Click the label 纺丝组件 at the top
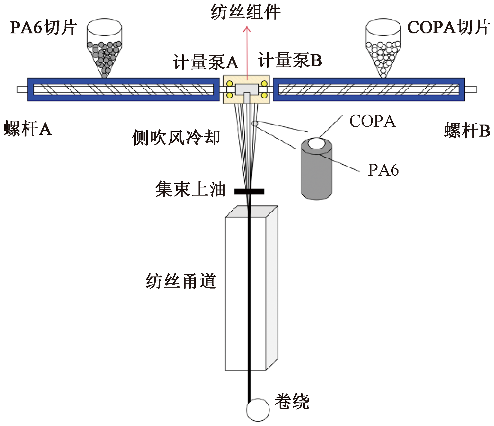click(246, 12)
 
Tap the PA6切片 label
click(43, 28)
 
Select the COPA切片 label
click(448, 28)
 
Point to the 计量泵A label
click(205, 63)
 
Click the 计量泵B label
click(290, 61)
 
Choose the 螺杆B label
click(467, 131)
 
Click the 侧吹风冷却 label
click(176, 137)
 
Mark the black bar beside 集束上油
click(249, 191)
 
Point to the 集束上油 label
click(190, 189)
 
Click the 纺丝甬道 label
click(181, 281)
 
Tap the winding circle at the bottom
click(258, 409)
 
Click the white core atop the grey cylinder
click(317, 143)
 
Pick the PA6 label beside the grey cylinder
click(383, 170)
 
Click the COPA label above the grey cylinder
click(372, 121)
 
